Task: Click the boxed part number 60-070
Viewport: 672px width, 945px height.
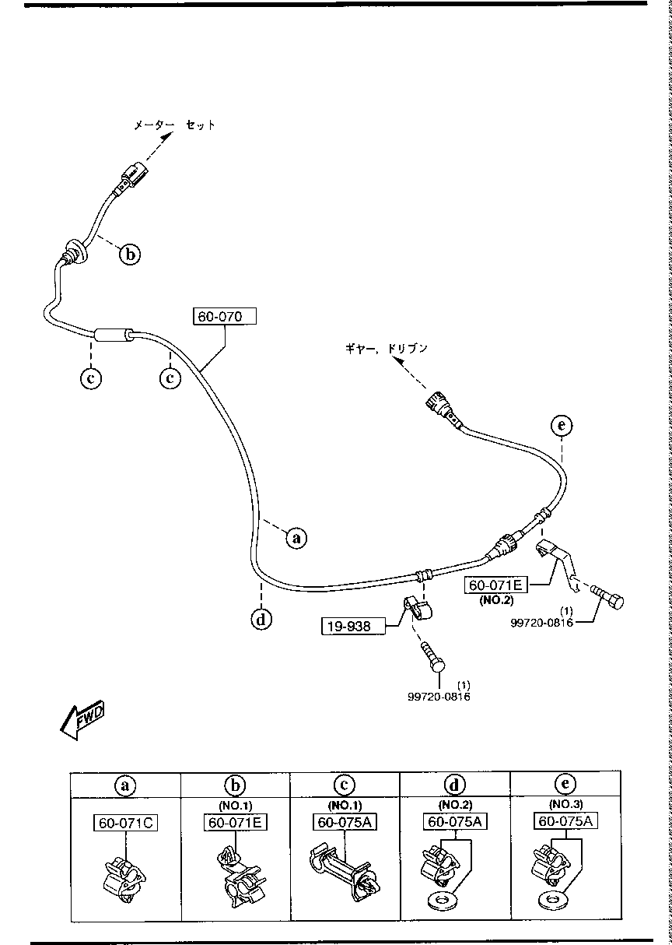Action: coord(224,316)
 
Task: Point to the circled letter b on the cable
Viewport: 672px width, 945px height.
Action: coord(131,253)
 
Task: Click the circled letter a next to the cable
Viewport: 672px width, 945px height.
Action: coord(296,537)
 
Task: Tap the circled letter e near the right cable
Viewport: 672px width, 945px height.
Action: coord(561,425)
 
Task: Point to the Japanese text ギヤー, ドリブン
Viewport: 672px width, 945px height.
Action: coord(387,349)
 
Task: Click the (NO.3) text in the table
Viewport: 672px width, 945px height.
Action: coord(565,804)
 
